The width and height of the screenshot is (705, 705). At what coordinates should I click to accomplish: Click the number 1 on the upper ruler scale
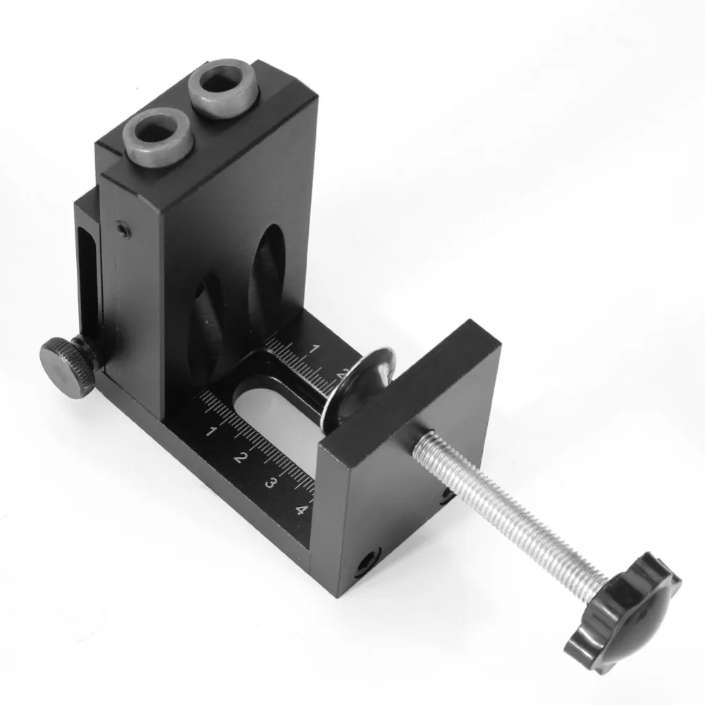315,348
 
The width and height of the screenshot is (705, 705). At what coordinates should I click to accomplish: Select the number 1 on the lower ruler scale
211,430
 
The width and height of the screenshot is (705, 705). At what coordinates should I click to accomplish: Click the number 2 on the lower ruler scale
240,458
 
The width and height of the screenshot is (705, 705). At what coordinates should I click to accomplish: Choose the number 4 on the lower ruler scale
301,510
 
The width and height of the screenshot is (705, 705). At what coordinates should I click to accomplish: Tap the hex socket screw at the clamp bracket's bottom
367,562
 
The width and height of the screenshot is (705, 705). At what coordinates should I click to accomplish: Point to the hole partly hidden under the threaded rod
446,497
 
